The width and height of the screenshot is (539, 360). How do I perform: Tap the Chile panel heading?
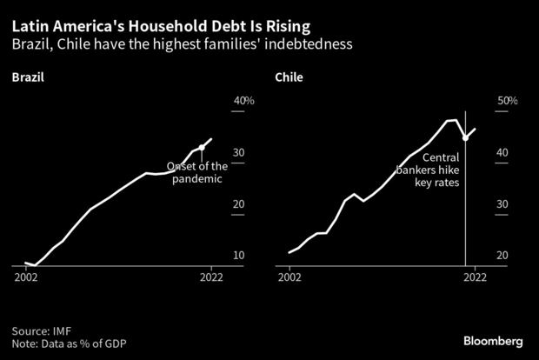tap(289, 78)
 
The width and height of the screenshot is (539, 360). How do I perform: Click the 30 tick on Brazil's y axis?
tap(237, 153)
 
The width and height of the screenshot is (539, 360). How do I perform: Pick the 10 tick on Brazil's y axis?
tap(237, 256)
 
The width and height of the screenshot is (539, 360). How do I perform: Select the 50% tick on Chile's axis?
tap(507, 102)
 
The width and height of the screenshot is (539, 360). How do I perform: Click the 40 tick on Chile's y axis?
tap(502, 153)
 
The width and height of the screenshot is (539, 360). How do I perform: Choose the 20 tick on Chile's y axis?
tap(502, 256)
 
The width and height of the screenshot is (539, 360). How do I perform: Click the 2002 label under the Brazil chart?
tap(25, 278)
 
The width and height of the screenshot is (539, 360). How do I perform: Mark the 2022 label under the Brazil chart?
tap(211, 278)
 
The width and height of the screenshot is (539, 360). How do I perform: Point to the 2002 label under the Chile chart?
tap(289, 278)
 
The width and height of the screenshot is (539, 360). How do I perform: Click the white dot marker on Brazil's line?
tap(202, 147)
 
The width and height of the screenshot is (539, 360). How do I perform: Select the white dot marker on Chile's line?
tap(465, 137)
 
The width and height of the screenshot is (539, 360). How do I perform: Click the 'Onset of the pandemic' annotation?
tap(197, 172)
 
